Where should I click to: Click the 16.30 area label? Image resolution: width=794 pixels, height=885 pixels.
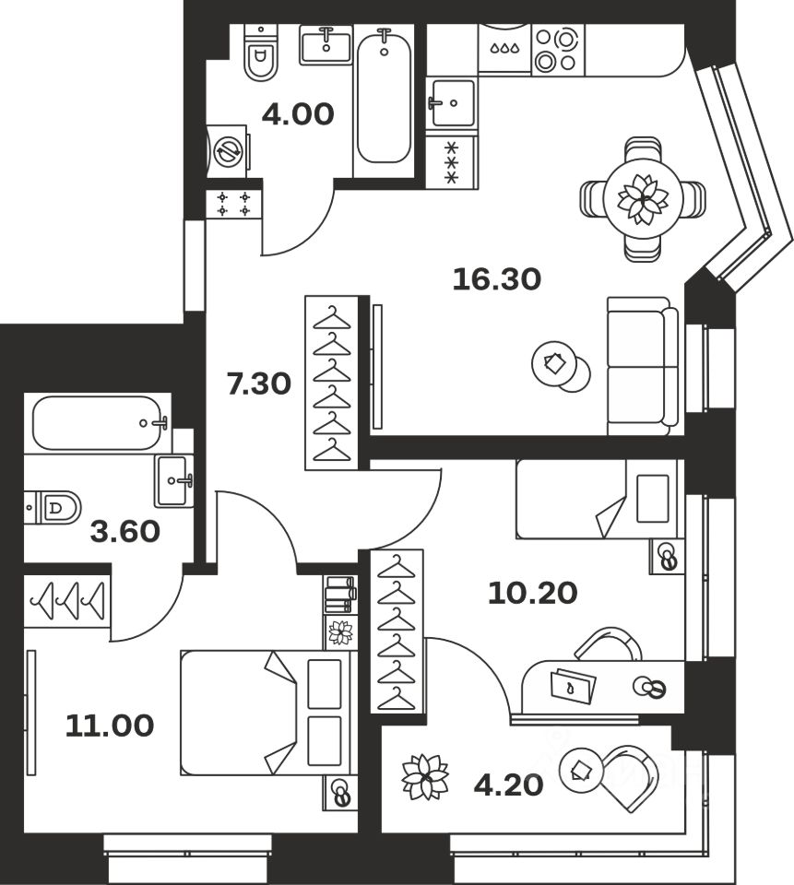[496, 277]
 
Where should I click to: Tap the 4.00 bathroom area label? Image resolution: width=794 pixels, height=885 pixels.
[297, 116]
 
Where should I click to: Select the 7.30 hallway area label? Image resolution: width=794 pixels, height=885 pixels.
[259, 382]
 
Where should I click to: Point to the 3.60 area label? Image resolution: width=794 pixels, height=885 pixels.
[125, 532]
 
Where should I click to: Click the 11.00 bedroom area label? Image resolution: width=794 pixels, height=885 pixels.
[110, 726]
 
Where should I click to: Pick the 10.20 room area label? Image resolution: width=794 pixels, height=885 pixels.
[532, 592]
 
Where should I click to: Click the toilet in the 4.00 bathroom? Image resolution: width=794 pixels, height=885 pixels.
[262, 53]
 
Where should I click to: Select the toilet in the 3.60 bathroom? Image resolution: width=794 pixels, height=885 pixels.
[55, 506]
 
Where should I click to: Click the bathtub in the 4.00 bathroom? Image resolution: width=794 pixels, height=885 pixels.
[385, 96]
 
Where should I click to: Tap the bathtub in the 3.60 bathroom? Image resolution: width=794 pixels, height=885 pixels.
[99, 423]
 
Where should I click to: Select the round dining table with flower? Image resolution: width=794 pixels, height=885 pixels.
[642, 198]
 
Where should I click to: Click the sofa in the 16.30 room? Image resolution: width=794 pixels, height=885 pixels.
[642, 366]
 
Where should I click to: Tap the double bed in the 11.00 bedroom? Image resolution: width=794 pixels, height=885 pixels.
[267, 713]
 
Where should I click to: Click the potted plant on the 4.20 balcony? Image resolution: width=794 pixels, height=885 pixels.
[425, 776]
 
